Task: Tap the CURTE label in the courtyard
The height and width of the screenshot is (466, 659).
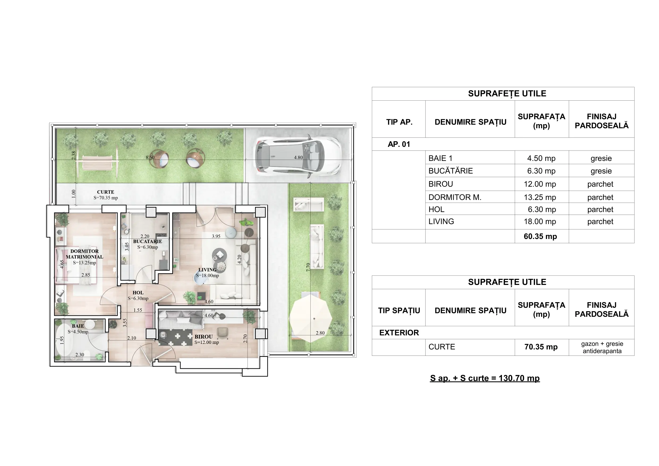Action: point(106,192)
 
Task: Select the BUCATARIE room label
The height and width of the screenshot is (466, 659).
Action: point(147,241)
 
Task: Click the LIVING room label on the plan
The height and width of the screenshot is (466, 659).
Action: point(207,270)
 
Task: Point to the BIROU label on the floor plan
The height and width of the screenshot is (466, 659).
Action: point(203,337)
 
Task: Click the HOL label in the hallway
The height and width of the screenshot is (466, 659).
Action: point(138,293)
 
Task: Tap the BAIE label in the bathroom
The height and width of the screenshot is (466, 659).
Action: point(78,326)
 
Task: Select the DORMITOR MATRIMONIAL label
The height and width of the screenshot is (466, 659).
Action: point(84,254)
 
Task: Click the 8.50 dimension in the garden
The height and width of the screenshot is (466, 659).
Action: point(150,157)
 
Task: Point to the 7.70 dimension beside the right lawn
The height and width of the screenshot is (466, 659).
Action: point(308,267)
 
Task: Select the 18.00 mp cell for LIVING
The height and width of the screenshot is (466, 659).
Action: point(540,221)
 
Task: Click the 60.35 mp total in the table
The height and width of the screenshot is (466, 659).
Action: point(540,236)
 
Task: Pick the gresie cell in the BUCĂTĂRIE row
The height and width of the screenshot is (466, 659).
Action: point(601,171)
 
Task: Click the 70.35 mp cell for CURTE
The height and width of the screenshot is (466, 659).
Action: point(541,347)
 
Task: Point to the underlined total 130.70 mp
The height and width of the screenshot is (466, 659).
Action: point(485,378)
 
